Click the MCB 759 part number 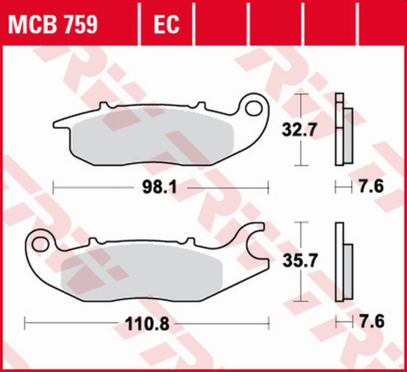pos(53,25)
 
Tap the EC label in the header pos(166,25)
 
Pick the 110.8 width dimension pos(148,322)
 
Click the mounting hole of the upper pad pos(255,104)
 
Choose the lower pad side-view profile pos(342,263)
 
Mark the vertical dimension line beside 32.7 pos(299,129)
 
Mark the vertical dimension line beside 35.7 pos(299,263)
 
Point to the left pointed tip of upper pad pos(56,123)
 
